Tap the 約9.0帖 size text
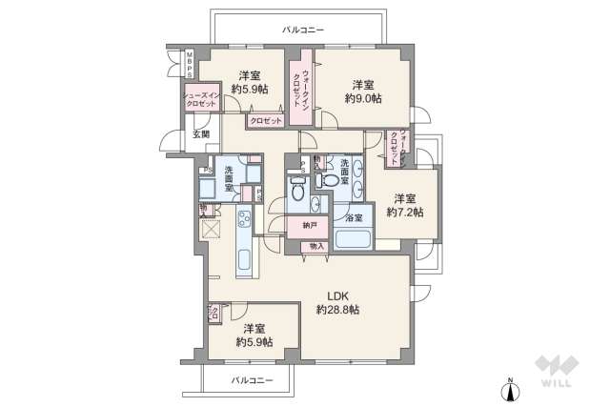tap(363, 98)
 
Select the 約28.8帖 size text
tap(338, 310)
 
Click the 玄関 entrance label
tap(202, 134)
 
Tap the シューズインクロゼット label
tap(201, 100)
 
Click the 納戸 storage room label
tap(311, 226)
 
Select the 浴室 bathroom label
tap(353, 218)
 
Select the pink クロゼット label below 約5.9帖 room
tap(266, 121)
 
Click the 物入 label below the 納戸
tap(315, 246)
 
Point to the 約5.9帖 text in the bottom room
tap(254, 341)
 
